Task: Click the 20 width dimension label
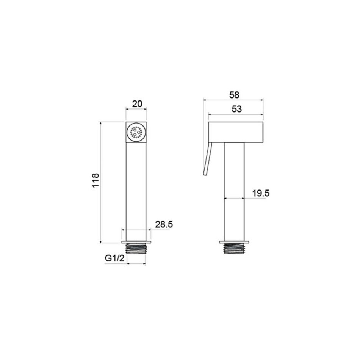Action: (x=137, y=104)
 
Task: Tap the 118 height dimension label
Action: (x=95, y=180)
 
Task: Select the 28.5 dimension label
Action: (x=164, y=224)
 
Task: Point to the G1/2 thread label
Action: (x=114, y=258)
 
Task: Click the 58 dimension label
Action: (x=234, y=95)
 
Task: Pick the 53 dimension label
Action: (x=237, y=109)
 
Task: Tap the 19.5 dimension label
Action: (x=261, y=193)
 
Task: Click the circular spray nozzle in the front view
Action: (x=136, y=132)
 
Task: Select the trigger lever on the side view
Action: (x=208, y=159)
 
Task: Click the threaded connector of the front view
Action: (x=136, y=249)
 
